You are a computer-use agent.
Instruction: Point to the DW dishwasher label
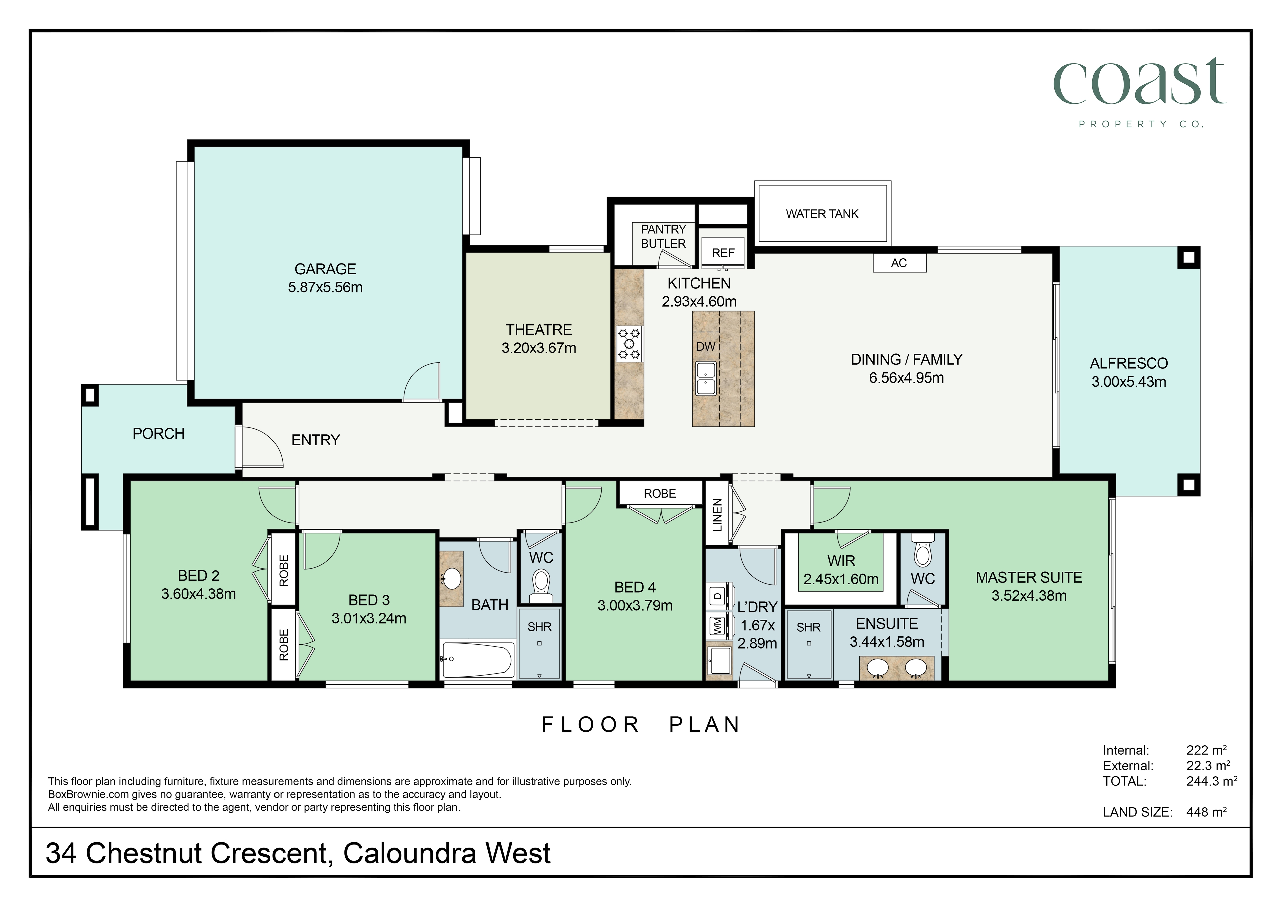click(706, 347)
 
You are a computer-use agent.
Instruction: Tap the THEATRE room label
click(539, 330)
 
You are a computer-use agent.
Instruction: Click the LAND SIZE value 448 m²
click(1207, 812)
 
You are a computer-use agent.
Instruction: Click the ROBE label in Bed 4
click(660, 494)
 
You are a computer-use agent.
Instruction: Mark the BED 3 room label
click(369, 600)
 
